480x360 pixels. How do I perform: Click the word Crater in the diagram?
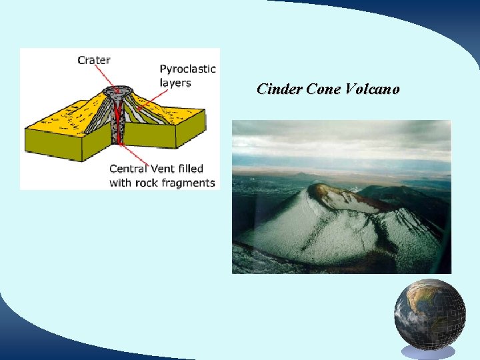point(94,60)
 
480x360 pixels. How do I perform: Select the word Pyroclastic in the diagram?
point(188,69)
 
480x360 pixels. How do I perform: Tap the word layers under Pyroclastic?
point(175,83)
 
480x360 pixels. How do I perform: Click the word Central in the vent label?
point(128,169)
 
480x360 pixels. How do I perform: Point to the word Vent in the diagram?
point(164,169)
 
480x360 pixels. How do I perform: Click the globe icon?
point(429,314)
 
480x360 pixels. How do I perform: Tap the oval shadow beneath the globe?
point(429,352)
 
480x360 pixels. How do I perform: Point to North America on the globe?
point(417,303)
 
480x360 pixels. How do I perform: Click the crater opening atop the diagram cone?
point(116,90)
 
